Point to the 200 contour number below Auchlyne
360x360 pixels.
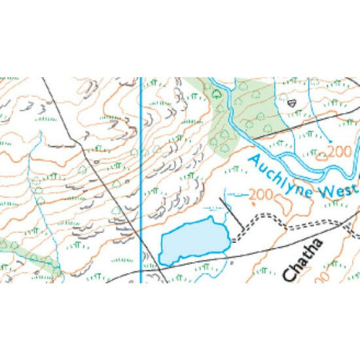(x=260, y=194)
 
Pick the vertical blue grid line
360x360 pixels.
(x=141, y=164)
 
